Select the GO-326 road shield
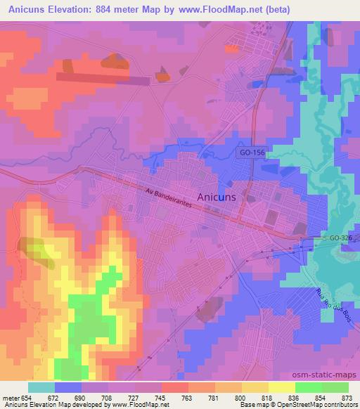pyautogui.click(x=340, y=240)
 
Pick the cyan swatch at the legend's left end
pyautogui.click(x=41, y=387)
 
